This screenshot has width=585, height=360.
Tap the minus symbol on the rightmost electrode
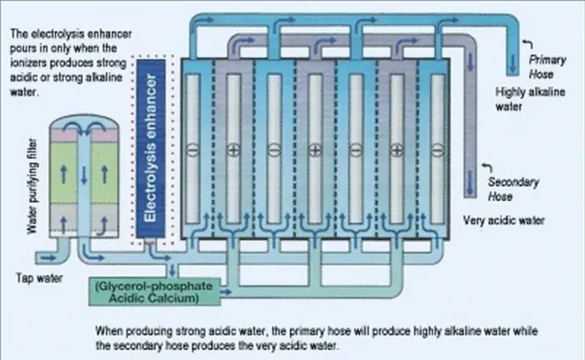tap(438, 150)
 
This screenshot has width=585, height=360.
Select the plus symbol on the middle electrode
tap(314, 150)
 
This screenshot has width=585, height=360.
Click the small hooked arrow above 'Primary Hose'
tap(523, 42)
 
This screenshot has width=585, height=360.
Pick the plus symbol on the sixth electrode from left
tap(397, 150)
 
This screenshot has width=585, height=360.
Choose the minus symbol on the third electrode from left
tap(273, 150)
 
